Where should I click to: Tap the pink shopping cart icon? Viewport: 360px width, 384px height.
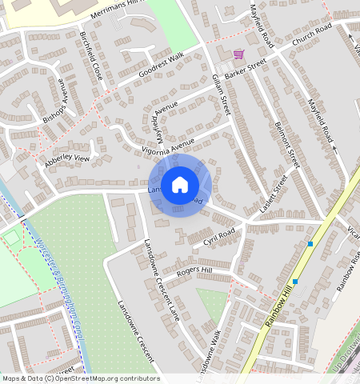238,54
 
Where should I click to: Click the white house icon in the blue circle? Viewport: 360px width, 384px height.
180,186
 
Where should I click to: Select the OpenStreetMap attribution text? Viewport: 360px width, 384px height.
80,378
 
